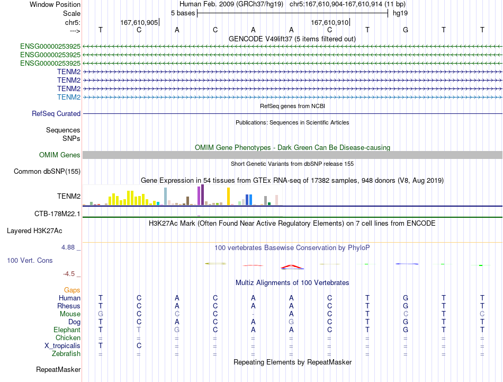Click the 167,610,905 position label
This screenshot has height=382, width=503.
139,22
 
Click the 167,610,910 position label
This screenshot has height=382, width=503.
330,22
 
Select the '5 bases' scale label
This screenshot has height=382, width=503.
183,13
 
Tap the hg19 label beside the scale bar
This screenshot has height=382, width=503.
400,13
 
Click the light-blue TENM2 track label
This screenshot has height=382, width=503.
69,97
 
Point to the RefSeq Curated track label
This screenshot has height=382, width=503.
56,113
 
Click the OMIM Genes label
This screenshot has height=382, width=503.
60,155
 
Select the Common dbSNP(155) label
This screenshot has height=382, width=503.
47,172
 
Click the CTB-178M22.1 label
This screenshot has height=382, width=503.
57,214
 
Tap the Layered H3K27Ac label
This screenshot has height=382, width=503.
34,231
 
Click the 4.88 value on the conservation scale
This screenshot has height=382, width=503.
68,247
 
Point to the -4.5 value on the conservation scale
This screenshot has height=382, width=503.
69,274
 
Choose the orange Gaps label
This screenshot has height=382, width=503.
72,290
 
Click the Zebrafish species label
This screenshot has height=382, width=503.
66,354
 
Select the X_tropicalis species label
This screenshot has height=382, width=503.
62,346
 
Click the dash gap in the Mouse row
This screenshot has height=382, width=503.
253,314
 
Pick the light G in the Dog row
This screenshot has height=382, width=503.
291,322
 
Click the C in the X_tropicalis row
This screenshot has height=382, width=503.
139,346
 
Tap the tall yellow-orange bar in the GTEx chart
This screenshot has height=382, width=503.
228,196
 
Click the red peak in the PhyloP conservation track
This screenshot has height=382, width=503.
291,266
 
